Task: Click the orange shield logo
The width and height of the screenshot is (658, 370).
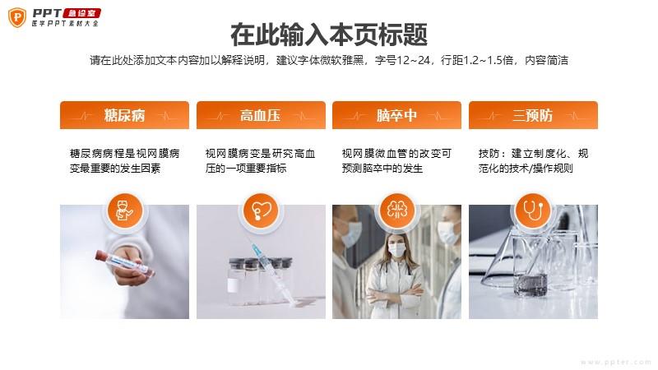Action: click(17, 17)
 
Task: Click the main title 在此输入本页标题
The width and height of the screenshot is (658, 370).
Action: click(329, 35)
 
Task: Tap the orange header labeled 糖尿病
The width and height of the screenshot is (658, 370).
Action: click(125, 115)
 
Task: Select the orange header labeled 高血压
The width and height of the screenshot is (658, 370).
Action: click(261, 115)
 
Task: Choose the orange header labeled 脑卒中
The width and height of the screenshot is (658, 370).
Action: click(396, 115)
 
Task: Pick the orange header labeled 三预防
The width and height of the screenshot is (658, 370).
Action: click(533, 115)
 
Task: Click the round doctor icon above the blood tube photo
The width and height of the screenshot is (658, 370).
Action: click(125, 210)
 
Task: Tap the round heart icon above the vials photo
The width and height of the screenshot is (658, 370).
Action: click(261, 210)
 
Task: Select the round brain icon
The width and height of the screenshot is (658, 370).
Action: click(396, 210)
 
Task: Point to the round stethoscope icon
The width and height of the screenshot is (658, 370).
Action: click(533, 210)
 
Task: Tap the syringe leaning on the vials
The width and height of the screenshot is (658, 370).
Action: click(274, 273)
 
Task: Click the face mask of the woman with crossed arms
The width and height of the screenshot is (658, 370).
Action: click(396, 250)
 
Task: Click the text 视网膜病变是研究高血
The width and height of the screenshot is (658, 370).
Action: click(260, 154)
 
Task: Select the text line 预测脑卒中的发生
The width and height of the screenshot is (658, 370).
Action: click(382, 169)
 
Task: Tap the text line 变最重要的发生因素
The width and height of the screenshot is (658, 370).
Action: click(115, 169)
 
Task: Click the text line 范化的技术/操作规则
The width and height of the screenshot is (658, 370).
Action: click(526, 169)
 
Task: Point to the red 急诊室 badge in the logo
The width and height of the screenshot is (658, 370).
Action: click(82, 13)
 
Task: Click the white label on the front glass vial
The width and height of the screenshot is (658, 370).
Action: click(233, 285)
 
